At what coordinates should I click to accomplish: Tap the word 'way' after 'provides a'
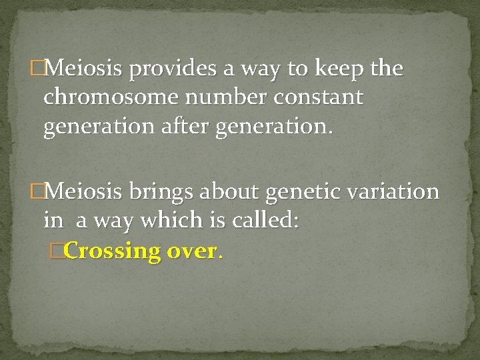click(x=261, y=69)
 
